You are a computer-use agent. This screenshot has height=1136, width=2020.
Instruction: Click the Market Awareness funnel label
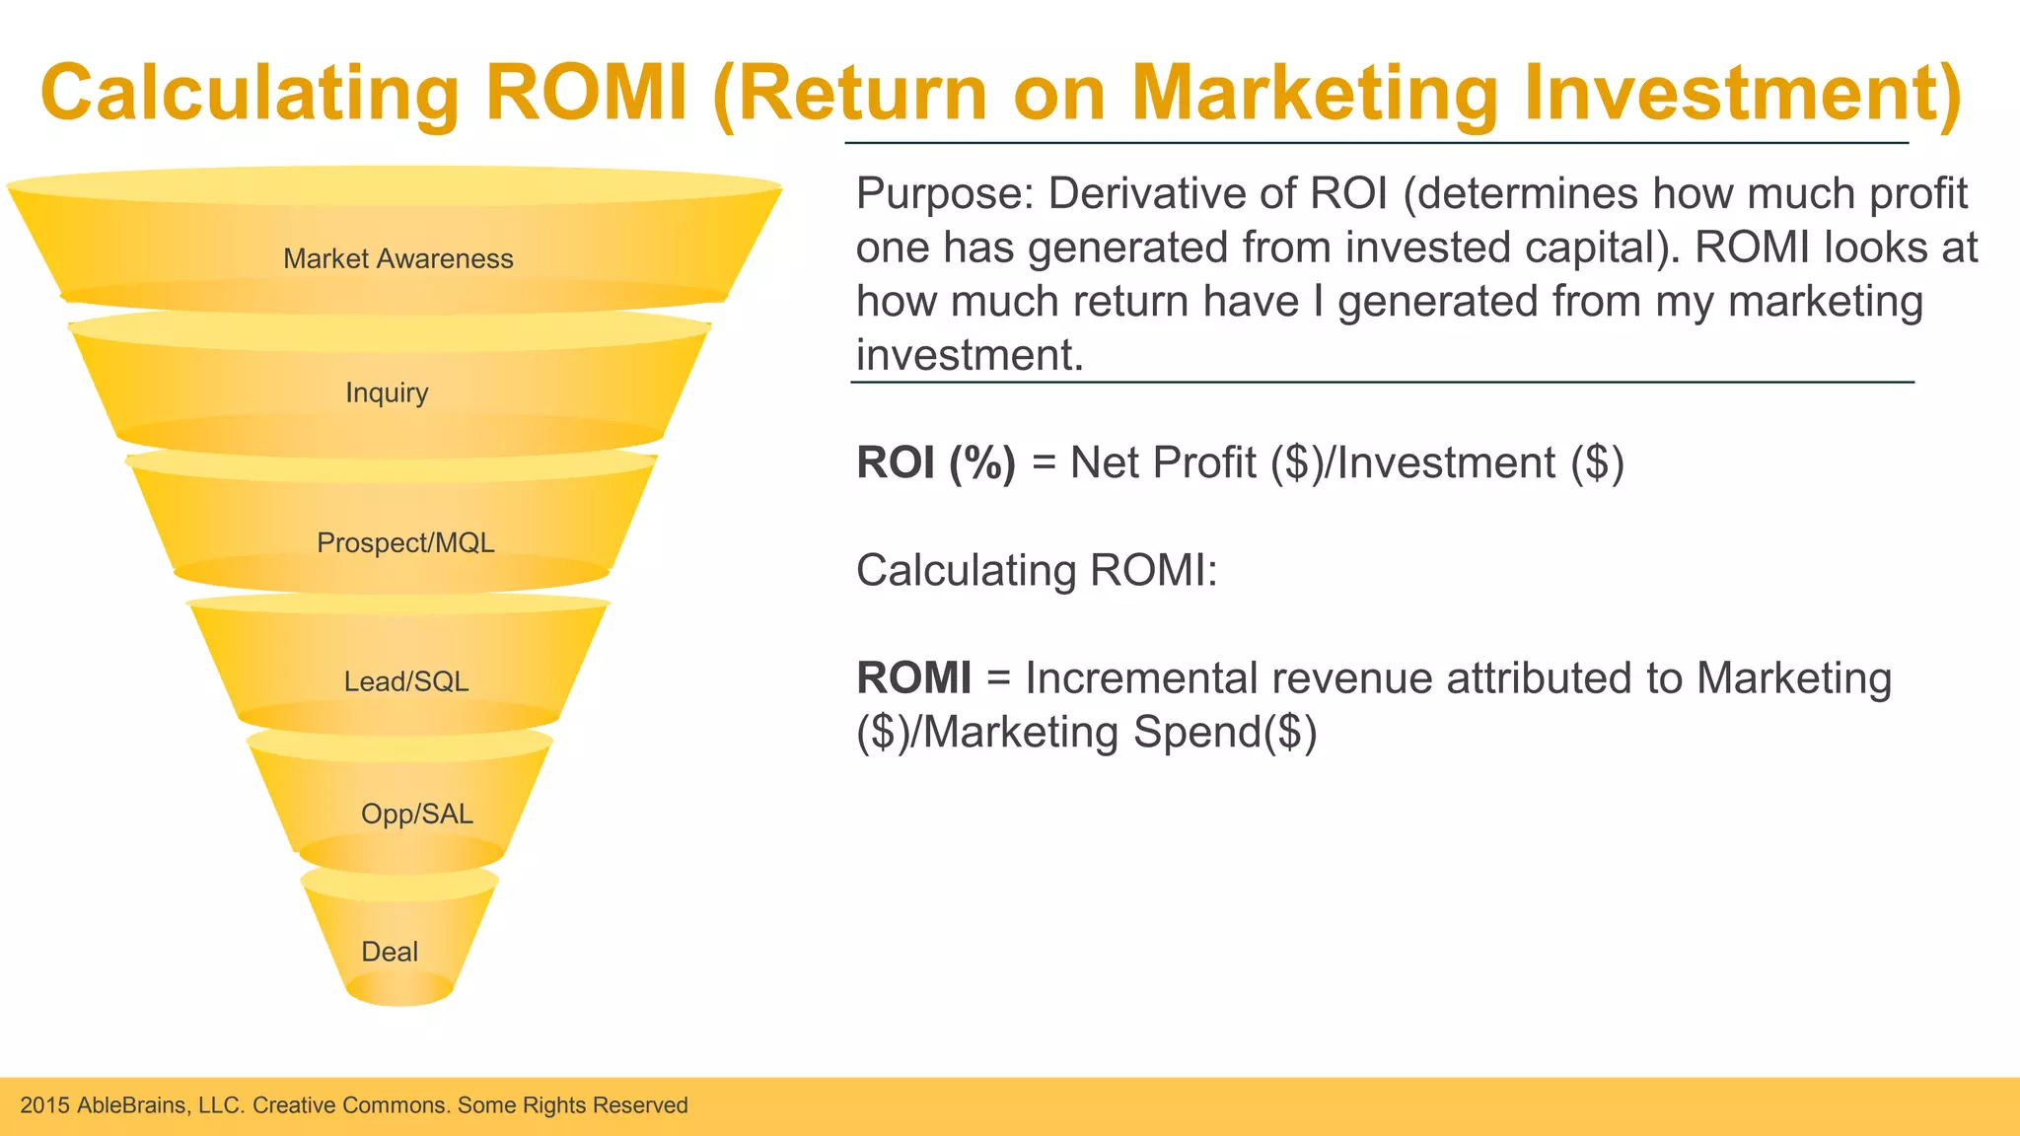click(x=397, y=258)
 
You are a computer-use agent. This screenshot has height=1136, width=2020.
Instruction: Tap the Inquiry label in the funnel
click(x=387, y=392)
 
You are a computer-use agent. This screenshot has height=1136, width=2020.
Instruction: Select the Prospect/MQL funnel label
click(x=405, y=542)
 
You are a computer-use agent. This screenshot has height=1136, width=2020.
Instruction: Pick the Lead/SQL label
click(x=405, y=681)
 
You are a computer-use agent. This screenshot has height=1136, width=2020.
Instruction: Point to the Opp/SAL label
click(x=416, y=814)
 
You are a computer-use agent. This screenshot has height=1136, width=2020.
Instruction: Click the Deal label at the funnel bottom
click(x=390, y=952)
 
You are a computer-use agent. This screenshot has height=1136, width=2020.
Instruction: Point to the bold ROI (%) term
click(x=935, y=462)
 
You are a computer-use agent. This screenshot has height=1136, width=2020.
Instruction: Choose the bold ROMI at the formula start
click(x=913, y=678)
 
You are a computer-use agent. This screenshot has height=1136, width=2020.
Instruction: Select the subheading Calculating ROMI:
click(x=1037, y=570)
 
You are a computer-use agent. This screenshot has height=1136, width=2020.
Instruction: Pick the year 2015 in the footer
click(x=44, y=1105)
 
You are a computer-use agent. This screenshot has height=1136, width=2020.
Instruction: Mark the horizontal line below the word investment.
click(x=1381, y=382)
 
